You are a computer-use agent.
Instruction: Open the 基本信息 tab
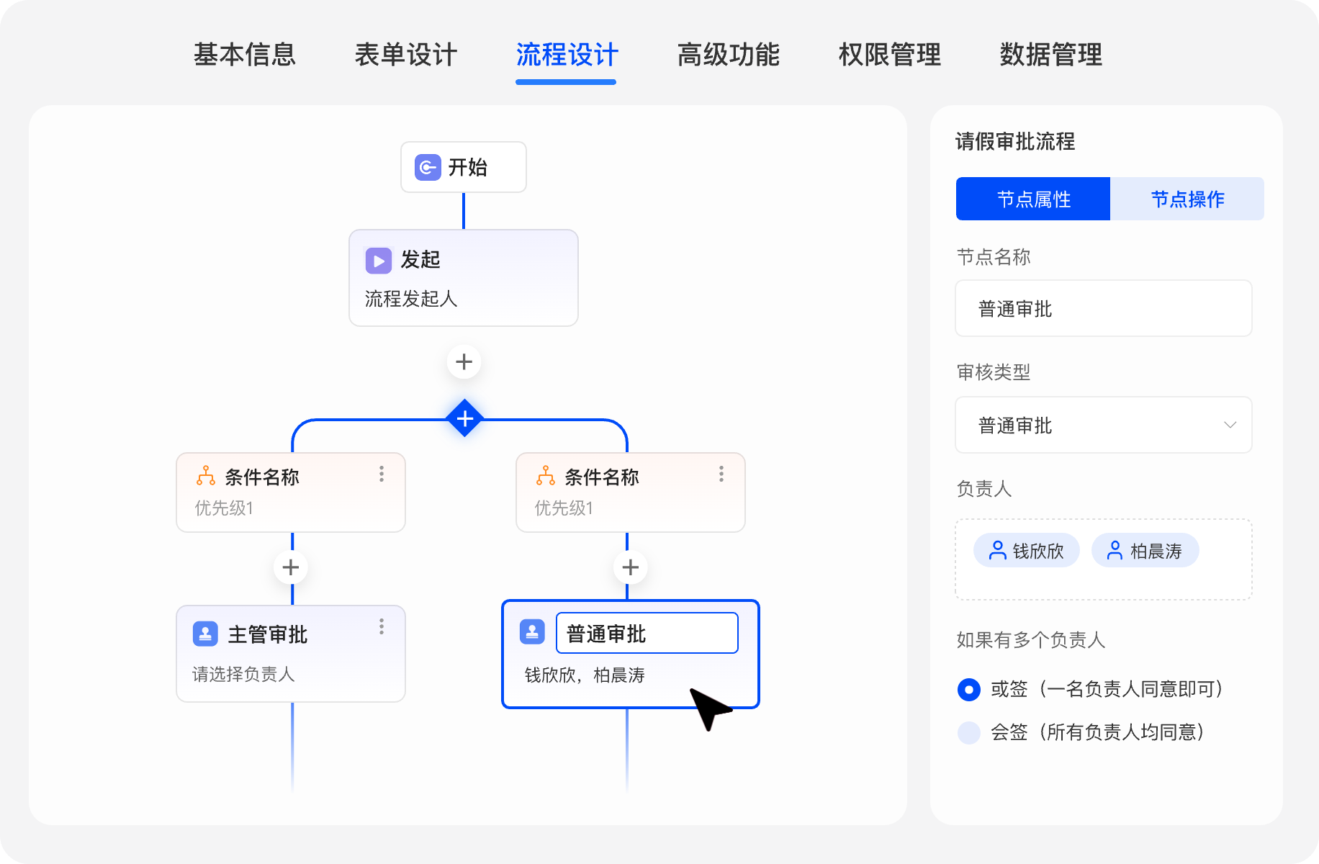point(244,55)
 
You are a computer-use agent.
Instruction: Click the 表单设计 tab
point(405,55)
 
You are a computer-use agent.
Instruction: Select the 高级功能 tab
point(728,55)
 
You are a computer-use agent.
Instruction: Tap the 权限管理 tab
point(889,55)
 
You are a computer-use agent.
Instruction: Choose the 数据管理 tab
point(1050,55)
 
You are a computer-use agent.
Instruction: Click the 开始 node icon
point(428,168)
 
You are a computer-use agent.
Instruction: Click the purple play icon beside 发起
point(379,260)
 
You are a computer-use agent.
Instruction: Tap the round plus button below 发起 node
point(464,361)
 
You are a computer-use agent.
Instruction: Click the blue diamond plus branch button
point(465,418)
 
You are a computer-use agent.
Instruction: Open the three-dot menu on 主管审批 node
point(382,626)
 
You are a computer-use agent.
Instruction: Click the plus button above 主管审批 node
point(291,567)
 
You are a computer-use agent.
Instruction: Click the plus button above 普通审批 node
point(631,567)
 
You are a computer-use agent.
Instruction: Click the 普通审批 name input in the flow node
point(647,634)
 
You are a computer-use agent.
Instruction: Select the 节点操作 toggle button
point(1187,199)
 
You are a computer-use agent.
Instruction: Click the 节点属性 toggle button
point(1033,199)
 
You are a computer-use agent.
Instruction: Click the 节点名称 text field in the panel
point(1103,309)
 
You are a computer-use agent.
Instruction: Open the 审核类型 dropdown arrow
point(1230,425)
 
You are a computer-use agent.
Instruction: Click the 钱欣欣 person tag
point(1027,551)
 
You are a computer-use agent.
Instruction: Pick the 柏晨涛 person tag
point(1145,551)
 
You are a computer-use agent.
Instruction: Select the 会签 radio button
point(969,732)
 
